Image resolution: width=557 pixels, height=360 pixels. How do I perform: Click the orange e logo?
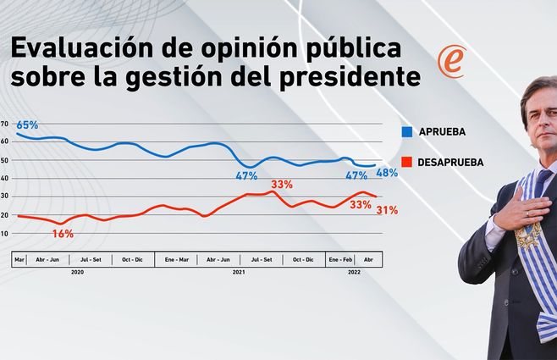450,63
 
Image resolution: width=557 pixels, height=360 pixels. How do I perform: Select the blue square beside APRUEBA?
407,132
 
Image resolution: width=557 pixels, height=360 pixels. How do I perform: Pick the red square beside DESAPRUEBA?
407,162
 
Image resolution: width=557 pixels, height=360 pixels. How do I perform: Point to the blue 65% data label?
28,125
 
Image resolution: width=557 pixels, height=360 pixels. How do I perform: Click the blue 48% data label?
387,173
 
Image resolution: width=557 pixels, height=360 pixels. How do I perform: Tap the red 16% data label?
63,233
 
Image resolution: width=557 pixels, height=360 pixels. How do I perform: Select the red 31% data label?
387,210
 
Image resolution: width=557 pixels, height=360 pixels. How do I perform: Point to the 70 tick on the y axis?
5,124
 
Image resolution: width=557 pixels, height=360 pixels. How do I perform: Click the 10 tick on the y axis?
5,233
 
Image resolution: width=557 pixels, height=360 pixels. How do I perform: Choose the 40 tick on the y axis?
5,178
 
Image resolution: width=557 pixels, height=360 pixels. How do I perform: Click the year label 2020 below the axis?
77,271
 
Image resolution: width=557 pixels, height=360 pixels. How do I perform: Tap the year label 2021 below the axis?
239,271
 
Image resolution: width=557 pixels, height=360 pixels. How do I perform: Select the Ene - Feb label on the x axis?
340,258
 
